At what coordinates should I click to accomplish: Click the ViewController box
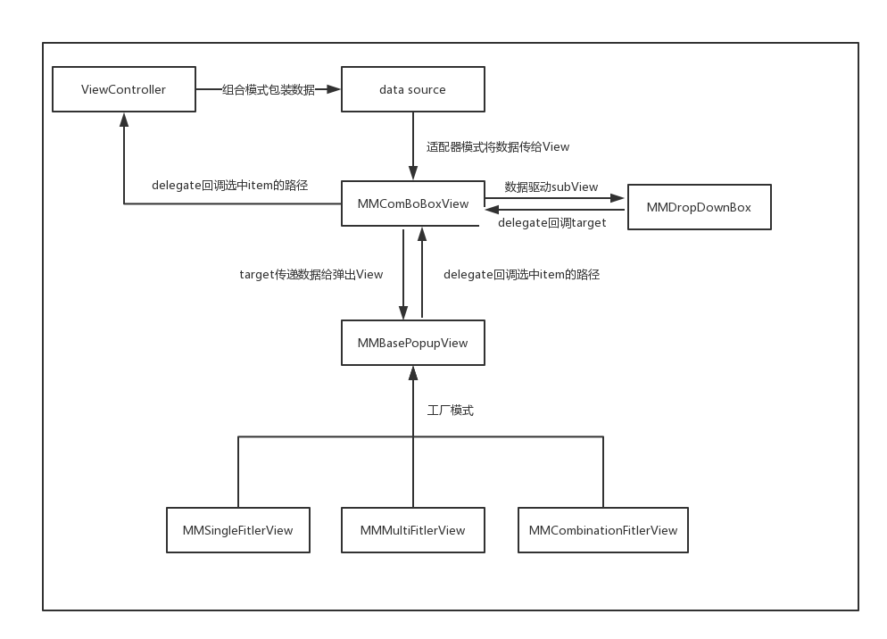[123, 89]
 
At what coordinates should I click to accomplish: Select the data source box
[412, 89]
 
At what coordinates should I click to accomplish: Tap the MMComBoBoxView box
[412, 203]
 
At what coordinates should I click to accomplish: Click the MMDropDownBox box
[699, 207]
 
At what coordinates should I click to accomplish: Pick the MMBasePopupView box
[412, 343]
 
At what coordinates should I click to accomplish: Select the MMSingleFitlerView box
[238, 530]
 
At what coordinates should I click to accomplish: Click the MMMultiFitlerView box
[412, 530]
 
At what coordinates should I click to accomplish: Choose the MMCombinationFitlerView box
[602, 530]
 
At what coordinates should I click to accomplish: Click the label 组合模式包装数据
[268, 89]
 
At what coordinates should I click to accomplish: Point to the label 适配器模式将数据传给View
[497, 146]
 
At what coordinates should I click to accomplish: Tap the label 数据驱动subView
[551, 187]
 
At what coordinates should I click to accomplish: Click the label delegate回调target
[551, 222]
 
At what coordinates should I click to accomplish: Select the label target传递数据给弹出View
[311, 274]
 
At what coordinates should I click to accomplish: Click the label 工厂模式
[450, 410]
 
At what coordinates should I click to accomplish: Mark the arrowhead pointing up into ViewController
[123, 119]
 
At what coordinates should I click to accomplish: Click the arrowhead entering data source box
[335, 89]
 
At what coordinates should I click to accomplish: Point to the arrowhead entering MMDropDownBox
[618, 198]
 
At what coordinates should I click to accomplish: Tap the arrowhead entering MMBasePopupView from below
[412, 372]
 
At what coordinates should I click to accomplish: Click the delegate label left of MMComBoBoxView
[229, 185]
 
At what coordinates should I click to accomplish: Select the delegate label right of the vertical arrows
[521, 274]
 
